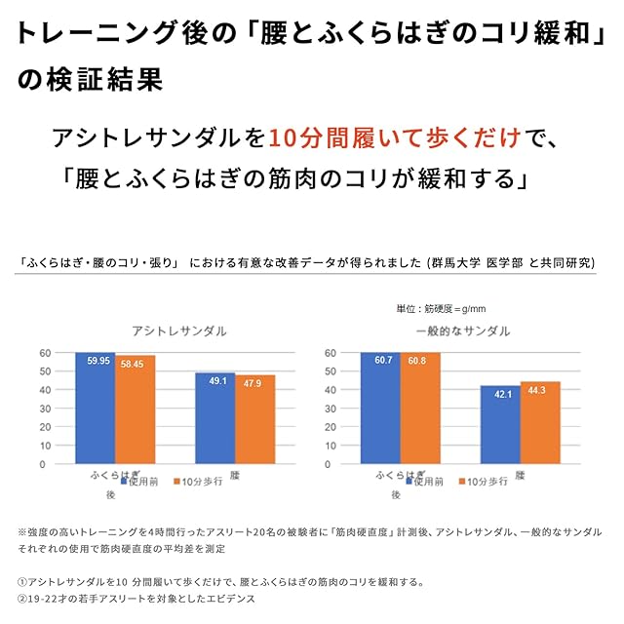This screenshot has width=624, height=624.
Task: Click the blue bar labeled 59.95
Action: [x=96, y=409]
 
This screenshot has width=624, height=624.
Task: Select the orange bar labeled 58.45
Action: [x=135, y=411]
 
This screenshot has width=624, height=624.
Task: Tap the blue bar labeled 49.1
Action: [x=214, y=419]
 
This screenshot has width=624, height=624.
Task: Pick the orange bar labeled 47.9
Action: [x=254, y=420]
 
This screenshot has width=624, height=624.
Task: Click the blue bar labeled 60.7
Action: [x=379, y=409]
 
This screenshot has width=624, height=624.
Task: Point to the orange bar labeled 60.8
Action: [x=420, y=409]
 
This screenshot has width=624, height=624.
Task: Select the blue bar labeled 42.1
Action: [x=499, y=426]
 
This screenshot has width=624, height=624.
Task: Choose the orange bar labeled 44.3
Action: [x=539, y=424]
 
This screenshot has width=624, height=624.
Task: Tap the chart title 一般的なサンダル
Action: [x=462, y=331]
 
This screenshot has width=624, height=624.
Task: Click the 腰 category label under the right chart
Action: [x=520, y=475]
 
